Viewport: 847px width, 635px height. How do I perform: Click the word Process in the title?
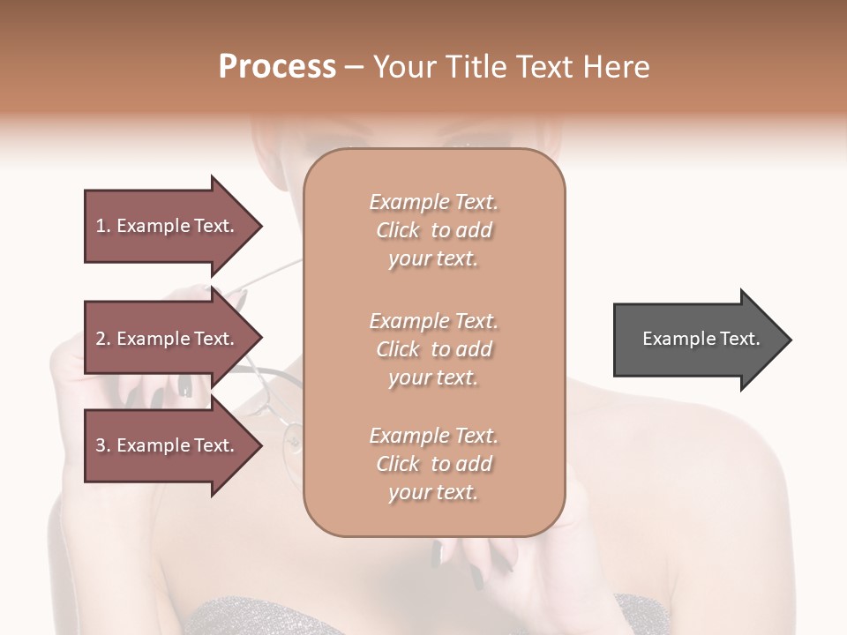pyautogui.click(x=277, y=66)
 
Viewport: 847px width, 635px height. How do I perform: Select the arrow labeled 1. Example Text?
pyautogui.click(x=168, y=226)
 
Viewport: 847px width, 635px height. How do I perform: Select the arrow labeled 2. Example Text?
pyautogui.click(x=168, y=339)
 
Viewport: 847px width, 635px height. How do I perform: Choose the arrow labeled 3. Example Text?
pyautogui.click(x=168, y=445)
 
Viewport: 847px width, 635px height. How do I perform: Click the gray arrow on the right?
pyautogui.click(x=697, y=339)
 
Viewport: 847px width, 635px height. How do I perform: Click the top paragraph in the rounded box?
pyautogui.click(x=433, y=230)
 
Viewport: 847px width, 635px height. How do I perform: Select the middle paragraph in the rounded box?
pyautogui.click(x=433, y=349)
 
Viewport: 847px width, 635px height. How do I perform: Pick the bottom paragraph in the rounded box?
pyautogui.click(x=433, y=464)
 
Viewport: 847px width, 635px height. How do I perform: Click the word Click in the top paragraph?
pyautogui.click(x=398, y=230)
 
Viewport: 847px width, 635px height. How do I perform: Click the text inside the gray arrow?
pyautogui.click(x=701, y=339)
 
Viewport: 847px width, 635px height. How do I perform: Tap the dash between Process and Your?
pyautogui.click(x=355, y=67)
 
